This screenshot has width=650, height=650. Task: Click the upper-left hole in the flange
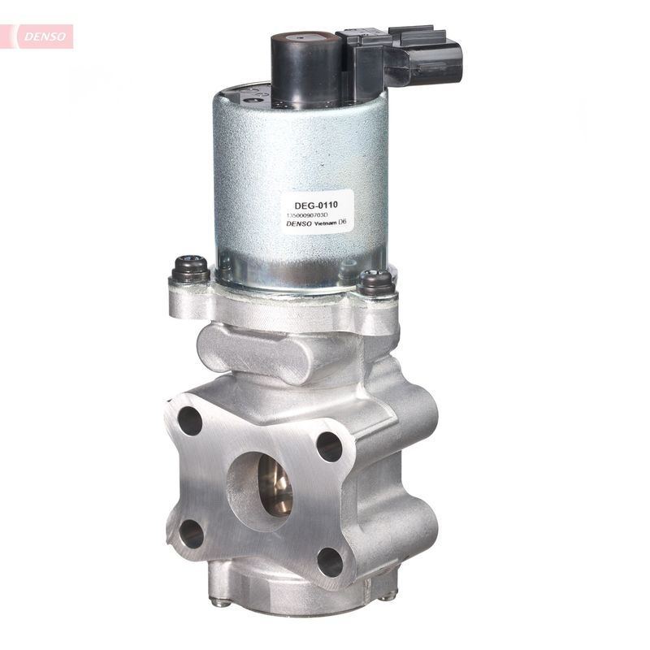coord(190,420)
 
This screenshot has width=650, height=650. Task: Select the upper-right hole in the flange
coord(329,446)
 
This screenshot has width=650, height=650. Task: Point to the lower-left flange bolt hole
coord(190,534)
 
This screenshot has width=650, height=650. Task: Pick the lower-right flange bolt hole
coord(329,562)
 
